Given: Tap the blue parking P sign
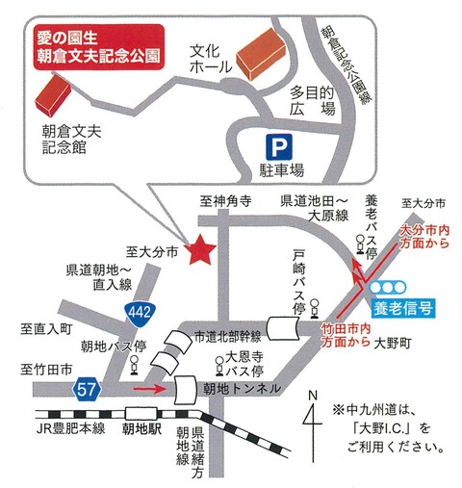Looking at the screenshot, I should click(278, 147).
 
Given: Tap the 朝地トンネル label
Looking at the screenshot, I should click(242, 389).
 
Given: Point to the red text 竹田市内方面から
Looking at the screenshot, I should click(345, 334).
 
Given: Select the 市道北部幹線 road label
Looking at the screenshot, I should click(227, 336).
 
